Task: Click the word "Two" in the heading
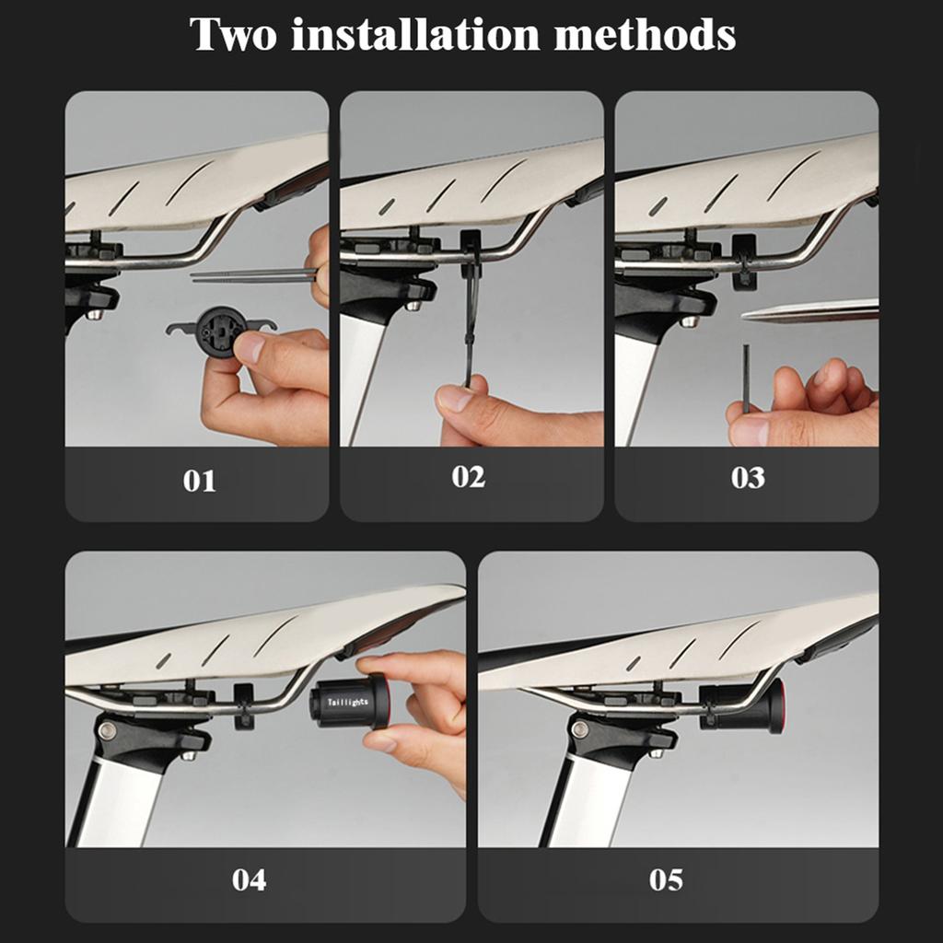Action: (x=233, y=34)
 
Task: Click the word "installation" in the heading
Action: (x=415, y=34)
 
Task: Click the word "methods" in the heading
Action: (x=644, y=34)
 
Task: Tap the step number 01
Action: (x=199, y=481)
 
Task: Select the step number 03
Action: (x=748, y=478)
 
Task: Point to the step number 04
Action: (x=249, y=879)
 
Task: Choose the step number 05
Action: (x=666, y=879)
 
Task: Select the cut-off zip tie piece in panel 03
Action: (x=746, y=378)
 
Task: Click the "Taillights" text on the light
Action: (x=347, y=701)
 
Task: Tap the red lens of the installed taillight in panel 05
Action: (x=781, y=706)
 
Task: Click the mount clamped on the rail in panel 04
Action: (x=243, y=706)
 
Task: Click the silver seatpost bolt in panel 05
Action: (x=579, y=729)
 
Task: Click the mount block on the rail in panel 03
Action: (x=744, y=261)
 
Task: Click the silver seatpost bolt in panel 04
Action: (x=107, y=729)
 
